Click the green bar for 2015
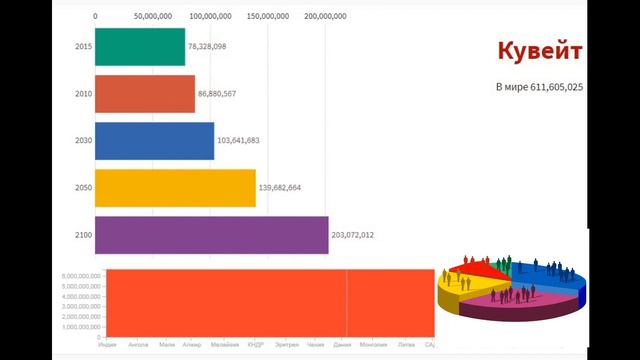tap(140, 47)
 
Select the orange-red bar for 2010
tap(145, 94)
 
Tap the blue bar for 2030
tap(154, 141)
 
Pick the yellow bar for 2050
tap(175, 188)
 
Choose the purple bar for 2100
tap(211, 235)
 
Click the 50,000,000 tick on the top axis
tap(153, 16)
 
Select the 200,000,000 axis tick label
tap(327, 16)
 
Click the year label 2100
tap(83, 235)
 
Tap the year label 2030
tap(83, 141)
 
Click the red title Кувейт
tap(538, 52)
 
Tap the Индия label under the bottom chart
tap(107, 344)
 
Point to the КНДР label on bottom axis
tap(255, 344)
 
